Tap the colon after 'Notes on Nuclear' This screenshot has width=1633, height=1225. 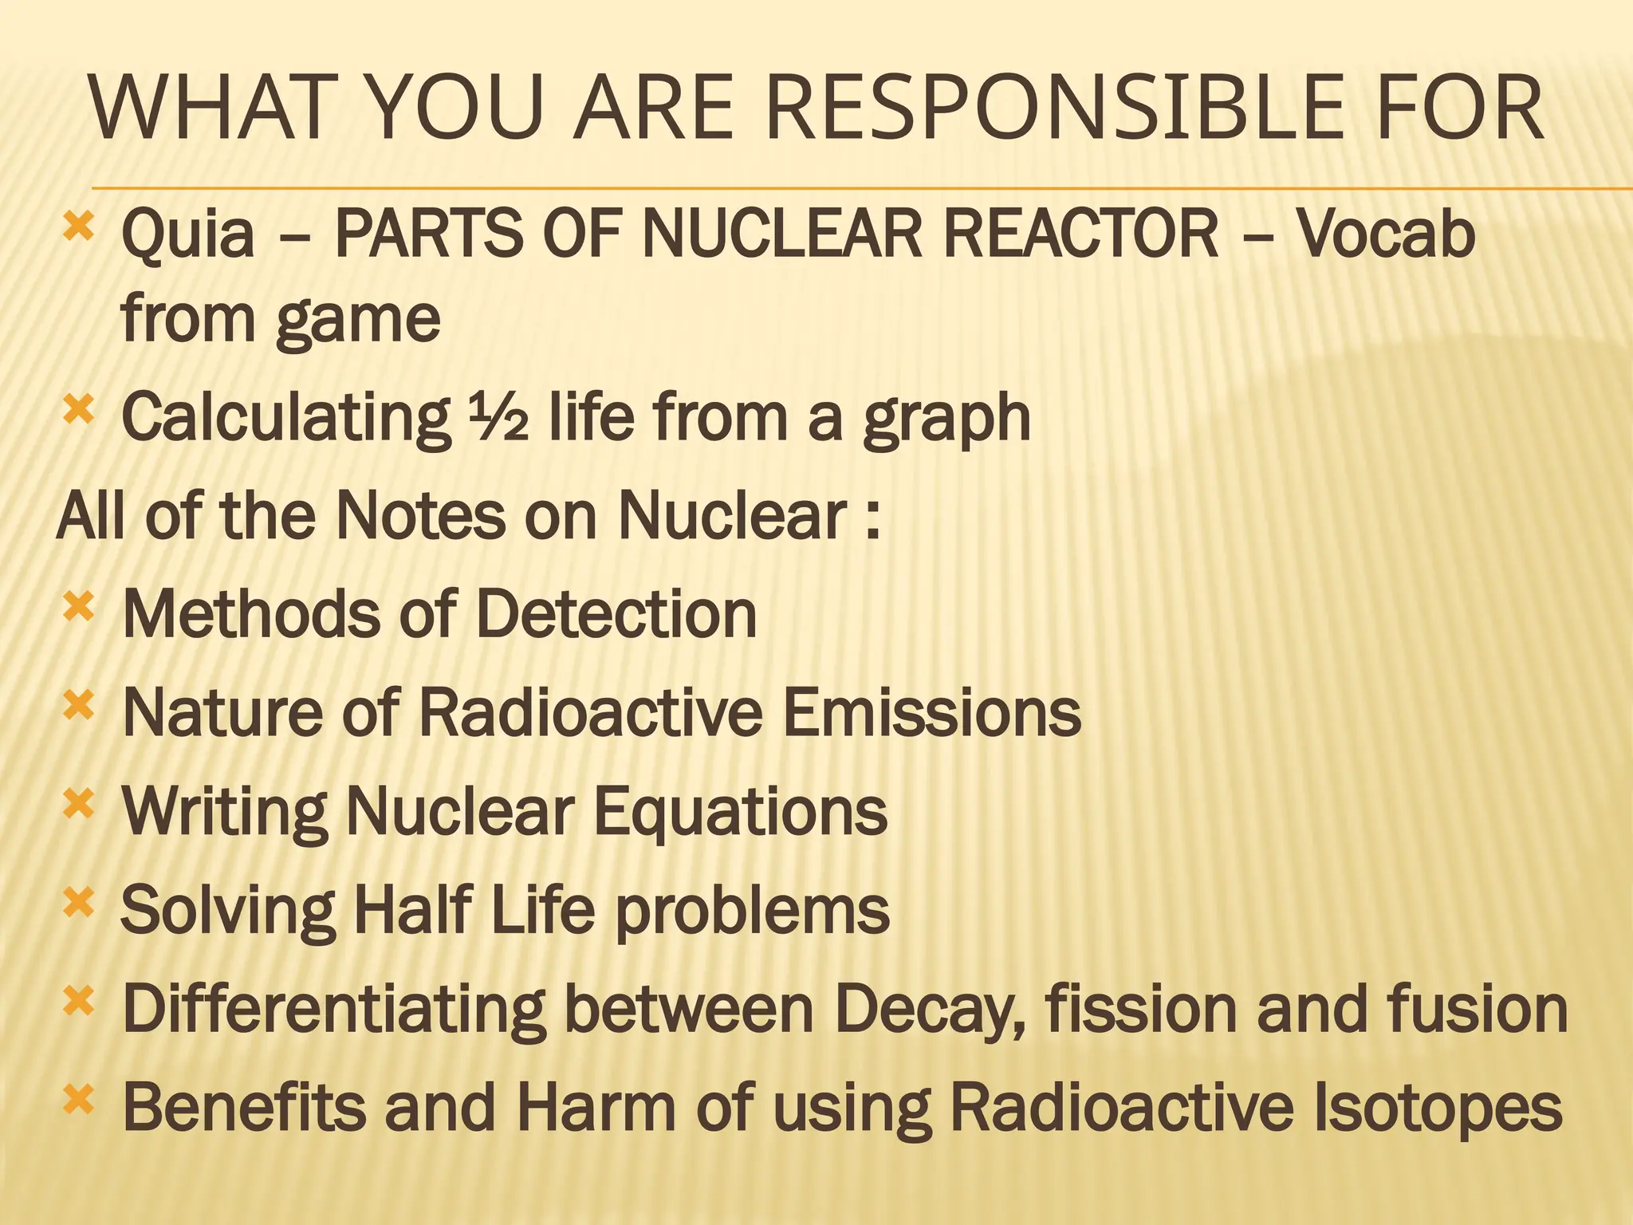[x=872, y=516]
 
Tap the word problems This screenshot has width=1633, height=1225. [x=753, y=911]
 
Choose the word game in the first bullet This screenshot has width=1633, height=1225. [x=358, y=319]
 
